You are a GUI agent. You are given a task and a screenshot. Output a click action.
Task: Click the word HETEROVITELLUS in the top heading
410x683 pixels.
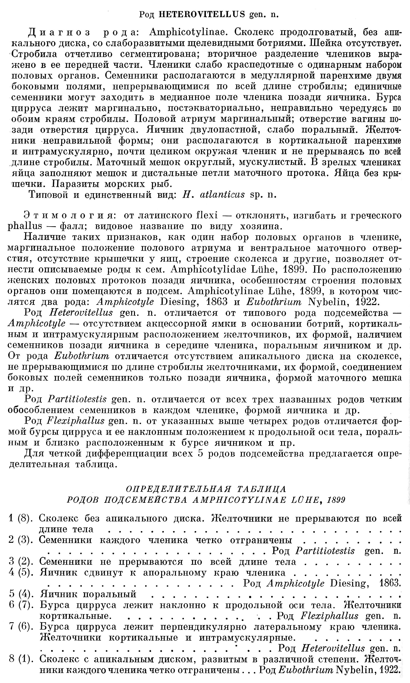click(202, 14)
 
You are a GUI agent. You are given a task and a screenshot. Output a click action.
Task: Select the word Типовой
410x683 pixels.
click(48, 195)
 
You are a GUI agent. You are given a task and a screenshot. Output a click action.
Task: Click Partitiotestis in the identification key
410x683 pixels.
click(325, 551)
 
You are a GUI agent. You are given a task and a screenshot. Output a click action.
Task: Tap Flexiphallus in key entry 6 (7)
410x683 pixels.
click(329, 616)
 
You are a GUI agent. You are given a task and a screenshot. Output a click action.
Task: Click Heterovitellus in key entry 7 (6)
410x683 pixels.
click(333, 648)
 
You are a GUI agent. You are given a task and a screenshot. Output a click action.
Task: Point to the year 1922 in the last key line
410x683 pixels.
click(390, 670)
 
